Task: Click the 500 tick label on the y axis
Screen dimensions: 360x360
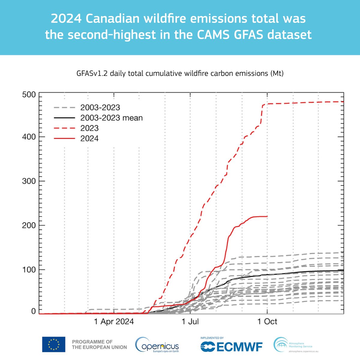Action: pos(29,95)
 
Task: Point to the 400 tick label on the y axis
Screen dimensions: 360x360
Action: pos(29,137)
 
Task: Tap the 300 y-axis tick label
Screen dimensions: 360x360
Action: pos(29,181)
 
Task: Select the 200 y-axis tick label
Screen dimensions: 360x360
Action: pos(29,225)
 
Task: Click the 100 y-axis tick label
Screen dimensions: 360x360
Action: pos(29,270)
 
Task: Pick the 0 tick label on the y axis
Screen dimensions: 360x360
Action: pos(33,311)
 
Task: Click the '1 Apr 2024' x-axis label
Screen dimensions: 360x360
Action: pos(114,322)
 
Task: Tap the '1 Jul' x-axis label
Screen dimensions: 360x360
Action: pos(190,322)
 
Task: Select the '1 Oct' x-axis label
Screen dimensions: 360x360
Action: pos(267,322)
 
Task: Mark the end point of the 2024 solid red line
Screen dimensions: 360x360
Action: pos(267,216)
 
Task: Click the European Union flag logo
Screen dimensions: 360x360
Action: pos(53,344)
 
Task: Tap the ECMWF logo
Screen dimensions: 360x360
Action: pos(231,346)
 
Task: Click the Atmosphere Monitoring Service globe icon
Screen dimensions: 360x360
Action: pos(280,344)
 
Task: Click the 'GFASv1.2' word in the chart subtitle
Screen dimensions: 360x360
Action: pos(92,73)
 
